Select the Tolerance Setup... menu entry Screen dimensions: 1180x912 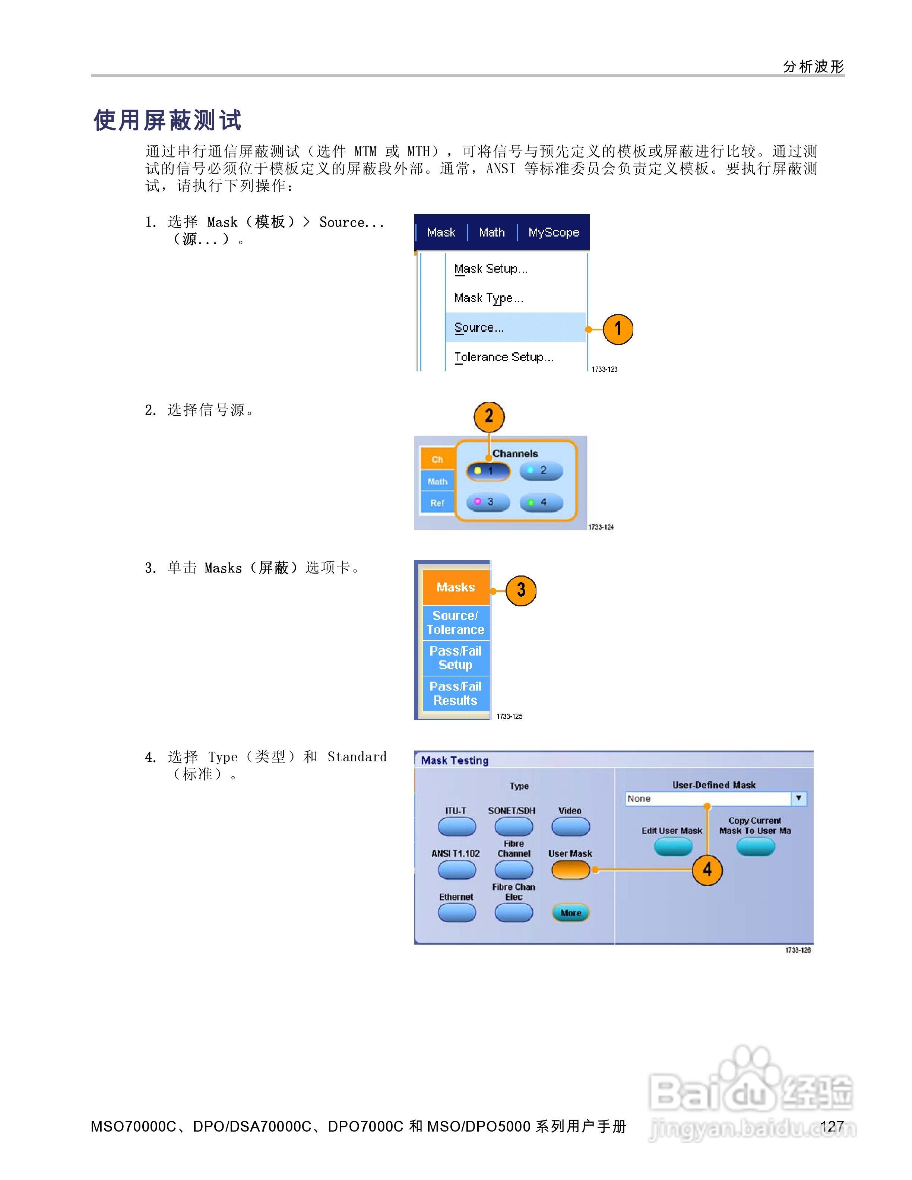click(x=504, y=357)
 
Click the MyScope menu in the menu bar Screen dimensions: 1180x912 click(x=553, y=232)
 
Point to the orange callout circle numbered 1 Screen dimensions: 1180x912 click(x=618, y=329)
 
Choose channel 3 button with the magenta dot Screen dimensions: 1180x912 click(x=488, y=502)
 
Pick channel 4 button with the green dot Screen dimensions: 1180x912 click(x=541, y=502)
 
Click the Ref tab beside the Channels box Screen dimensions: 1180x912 click(x=437, y=503)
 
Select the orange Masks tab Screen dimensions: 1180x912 click(x=456, y=587)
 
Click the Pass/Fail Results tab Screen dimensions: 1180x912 click(x=456, y=693)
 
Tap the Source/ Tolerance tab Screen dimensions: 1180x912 click(x=456, y=622)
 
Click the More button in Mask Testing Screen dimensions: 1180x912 click(x=570, y=913)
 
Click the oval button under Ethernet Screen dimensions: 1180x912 click(x=456, y=913)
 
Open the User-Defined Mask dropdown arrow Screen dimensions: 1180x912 click(x=798, y=798)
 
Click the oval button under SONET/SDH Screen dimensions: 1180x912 click(x=513, y=826)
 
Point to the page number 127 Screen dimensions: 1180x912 click(x=832, y=1126)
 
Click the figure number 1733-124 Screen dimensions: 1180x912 click(x=601, y=527)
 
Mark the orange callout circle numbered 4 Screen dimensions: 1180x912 click(x=707, y=870)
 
